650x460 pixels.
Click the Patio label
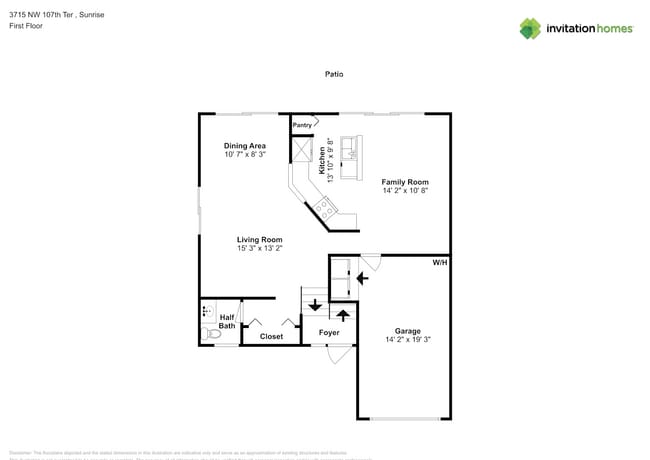334,74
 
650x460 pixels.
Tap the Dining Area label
244,146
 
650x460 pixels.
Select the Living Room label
259,239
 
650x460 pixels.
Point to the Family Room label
404,182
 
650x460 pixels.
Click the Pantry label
302,125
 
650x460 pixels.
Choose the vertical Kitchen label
322,159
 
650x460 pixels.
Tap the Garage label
407,331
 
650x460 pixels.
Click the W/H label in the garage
439,263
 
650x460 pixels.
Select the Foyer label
329,332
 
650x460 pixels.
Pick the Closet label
271,337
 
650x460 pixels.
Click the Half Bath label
227,321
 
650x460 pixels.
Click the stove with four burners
325,207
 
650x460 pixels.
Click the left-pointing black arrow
359,277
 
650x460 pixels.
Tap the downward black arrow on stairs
315,305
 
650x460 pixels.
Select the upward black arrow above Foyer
342,313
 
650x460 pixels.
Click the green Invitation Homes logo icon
530,28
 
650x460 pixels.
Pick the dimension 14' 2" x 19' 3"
407,340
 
